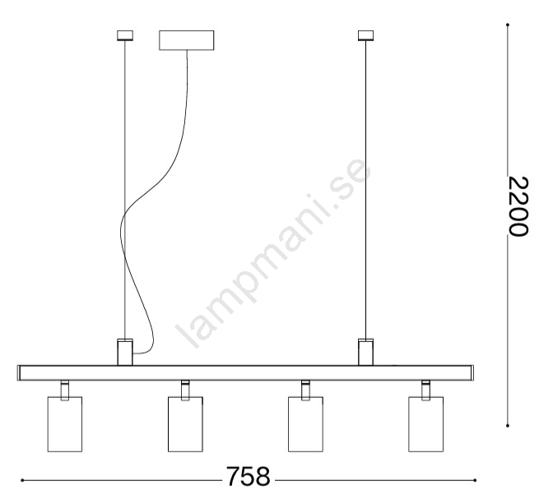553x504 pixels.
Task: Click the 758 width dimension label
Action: point(248,477)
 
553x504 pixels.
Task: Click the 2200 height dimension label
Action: point(518,206)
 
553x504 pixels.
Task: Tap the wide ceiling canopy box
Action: point(186,40)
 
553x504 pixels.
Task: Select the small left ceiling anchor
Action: point(125,35)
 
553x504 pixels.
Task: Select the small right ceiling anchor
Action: point(365,35)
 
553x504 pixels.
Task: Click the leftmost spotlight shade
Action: point(65,424)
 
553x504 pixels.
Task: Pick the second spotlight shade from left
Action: point(185,424)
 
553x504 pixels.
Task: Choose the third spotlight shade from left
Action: point(305,424)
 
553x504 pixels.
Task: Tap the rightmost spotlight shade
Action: point(426,424)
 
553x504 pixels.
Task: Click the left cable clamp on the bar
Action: point(125,352)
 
